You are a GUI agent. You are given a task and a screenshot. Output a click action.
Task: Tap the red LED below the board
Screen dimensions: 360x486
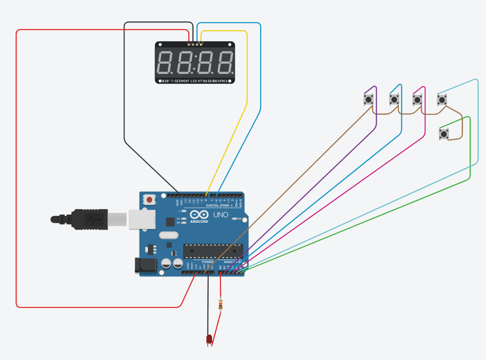(x=209, y=339)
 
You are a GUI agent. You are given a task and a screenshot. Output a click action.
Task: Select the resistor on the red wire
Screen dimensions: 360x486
(x=222, y=305)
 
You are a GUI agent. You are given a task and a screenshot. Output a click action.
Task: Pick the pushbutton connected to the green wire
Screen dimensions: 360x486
(x=444, y=133)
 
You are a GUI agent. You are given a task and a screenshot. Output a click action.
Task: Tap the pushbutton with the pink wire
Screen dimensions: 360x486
(x=417, y=100)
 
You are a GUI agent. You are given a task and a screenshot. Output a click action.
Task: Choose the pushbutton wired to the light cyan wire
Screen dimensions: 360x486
(x=442, y=100)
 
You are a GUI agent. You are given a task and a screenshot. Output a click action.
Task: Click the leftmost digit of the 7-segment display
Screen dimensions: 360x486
(x=165, y=62)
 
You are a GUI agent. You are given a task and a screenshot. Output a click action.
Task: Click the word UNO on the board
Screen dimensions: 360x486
(x=221, y=215)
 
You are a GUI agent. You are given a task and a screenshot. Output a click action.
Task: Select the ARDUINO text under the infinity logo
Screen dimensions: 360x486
(x=199, y=221)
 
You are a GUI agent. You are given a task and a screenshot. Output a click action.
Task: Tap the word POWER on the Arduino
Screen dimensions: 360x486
(x=207, y=262)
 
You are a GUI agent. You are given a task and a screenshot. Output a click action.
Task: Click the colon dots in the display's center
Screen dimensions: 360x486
(x=196, y=62)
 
